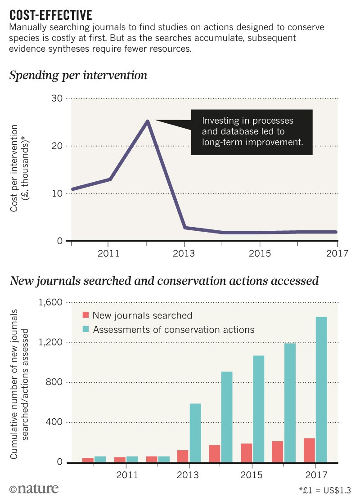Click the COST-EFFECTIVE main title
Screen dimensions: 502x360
[x=50, y=15]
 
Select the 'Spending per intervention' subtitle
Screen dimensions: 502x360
[x=78, y=75]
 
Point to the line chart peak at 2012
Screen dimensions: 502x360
[x=147, y=121]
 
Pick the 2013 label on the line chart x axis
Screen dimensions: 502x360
[x=184, y=254]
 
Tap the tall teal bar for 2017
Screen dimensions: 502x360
[x=321, y=389]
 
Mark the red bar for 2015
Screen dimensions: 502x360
[x=246, y=453]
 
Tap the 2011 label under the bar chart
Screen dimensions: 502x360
[x=126, y=475]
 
